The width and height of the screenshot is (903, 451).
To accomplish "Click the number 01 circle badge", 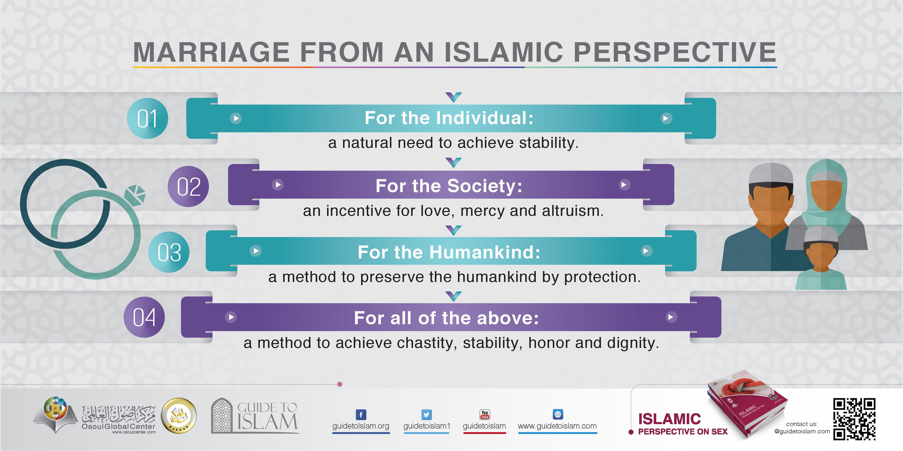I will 147,118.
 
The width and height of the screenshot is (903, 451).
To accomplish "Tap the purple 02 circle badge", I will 188,186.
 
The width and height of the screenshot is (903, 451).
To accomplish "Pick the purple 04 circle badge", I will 144,317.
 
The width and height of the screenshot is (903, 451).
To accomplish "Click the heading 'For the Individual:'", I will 449,118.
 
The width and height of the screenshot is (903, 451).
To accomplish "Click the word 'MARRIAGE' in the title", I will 211,52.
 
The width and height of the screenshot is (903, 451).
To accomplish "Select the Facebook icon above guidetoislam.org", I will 361,415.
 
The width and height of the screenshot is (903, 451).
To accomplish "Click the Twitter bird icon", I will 426,415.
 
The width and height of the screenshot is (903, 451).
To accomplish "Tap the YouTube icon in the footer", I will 485,415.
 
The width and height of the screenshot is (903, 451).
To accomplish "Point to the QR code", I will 854,419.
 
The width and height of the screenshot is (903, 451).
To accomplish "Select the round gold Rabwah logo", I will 179,416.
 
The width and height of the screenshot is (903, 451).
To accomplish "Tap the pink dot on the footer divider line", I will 339,384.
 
